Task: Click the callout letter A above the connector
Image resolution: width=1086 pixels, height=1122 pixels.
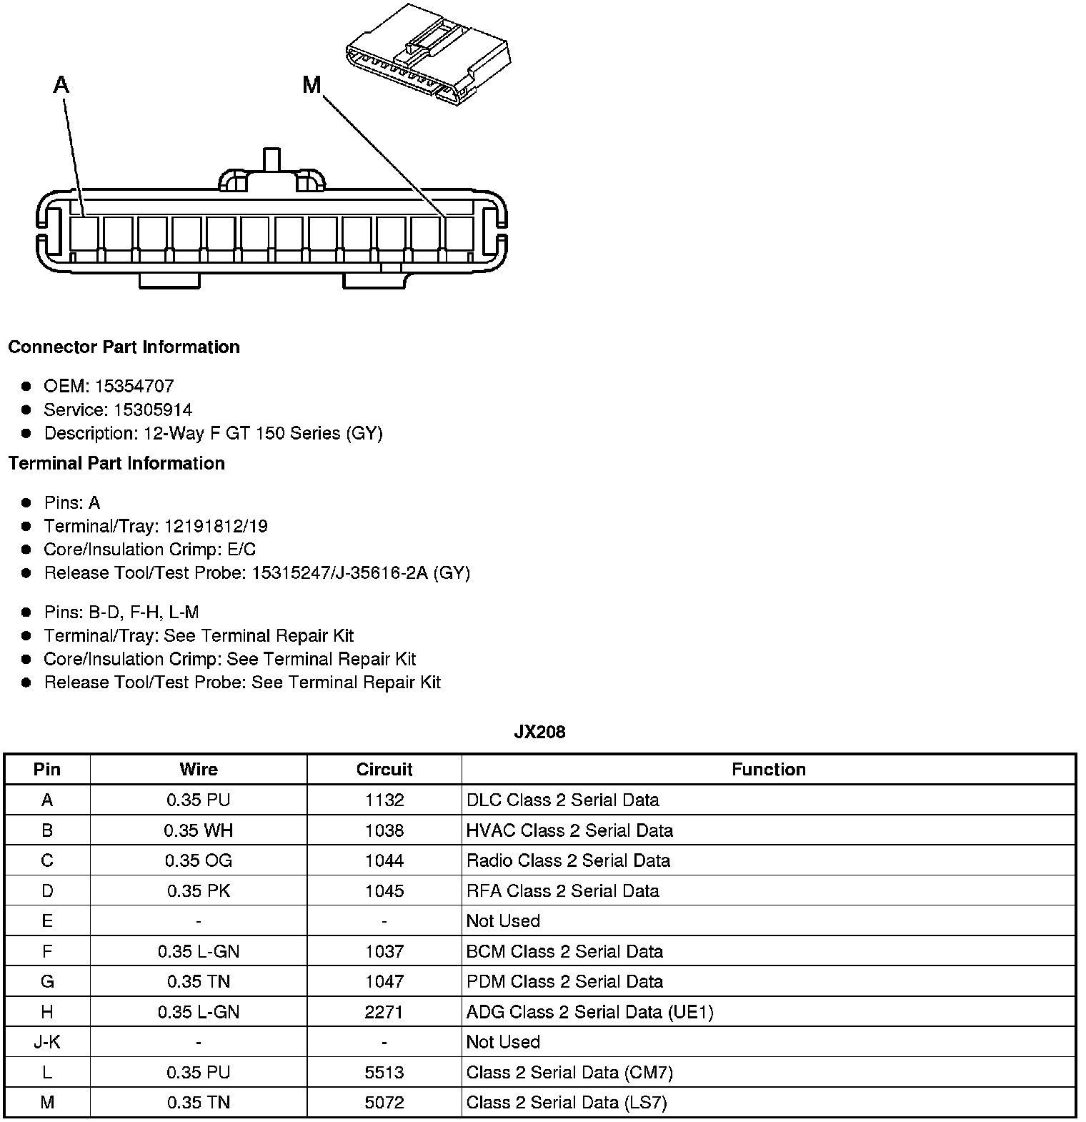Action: [x=61, y=86]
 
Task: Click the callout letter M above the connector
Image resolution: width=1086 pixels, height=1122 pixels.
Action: [x=312, y=86]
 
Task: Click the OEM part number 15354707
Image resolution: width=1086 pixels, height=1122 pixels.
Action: [x=134, y=386]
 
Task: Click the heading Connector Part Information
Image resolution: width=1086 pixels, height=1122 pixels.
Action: [x=124, y=347]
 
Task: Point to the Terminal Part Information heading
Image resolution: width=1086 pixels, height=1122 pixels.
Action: [x=116, y=463]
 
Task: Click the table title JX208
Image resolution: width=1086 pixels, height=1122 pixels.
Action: [x=539, y=732]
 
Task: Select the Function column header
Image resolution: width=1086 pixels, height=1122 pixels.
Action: [x=768, y=769]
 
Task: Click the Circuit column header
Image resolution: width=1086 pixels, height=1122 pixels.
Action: [x=384, y=769]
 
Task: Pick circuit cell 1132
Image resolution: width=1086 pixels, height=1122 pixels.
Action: [x=384, y=800]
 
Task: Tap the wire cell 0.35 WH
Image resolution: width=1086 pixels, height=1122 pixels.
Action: [x=199, y=830]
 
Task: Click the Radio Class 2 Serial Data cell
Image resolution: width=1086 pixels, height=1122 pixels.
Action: [x=568, y=860]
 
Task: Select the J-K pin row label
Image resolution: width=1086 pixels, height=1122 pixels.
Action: [x=47, y=1042]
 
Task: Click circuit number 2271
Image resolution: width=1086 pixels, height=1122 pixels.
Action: [x=384, y=1012]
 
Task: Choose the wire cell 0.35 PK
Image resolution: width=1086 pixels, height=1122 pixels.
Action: [x=199, y=890]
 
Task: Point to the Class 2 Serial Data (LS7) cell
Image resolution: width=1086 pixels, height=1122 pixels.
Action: [x=566, y=1103]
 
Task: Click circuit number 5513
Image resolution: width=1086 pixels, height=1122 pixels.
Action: [x=384, y=1072]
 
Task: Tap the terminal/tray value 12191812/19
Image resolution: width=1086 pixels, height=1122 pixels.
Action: [x=216, y=526]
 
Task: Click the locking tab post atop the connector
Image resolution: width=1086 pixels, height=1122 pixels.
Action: [x=272, y=159]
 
